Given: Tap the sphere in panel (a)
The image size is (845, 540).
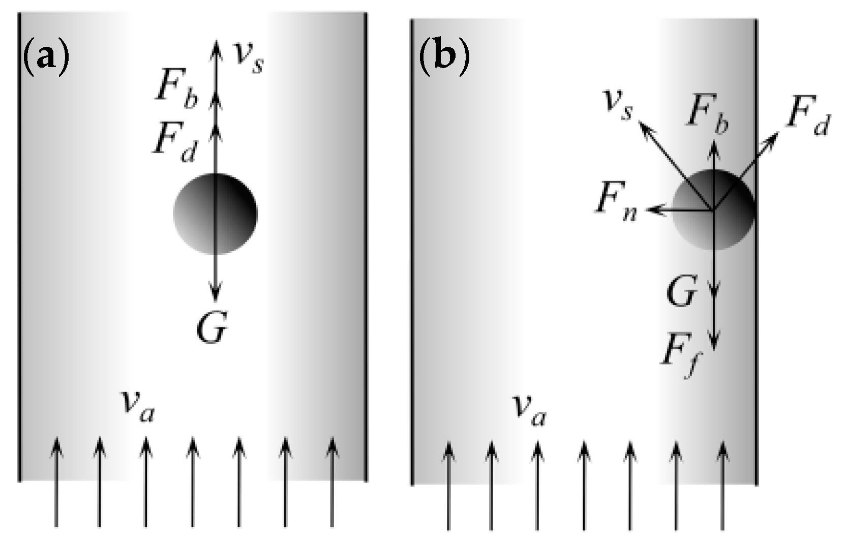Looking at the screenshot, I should (x=215, y=214).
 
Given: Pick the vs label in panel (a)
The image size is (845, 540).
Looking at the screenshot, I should (x=248, y=56).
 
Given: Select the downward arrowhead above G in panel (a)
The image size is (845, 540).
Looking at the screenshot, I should (x=216, y=295).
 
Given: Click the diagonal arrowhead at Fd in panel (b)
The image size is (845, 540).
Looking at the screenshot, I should (x=774, y=136).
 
